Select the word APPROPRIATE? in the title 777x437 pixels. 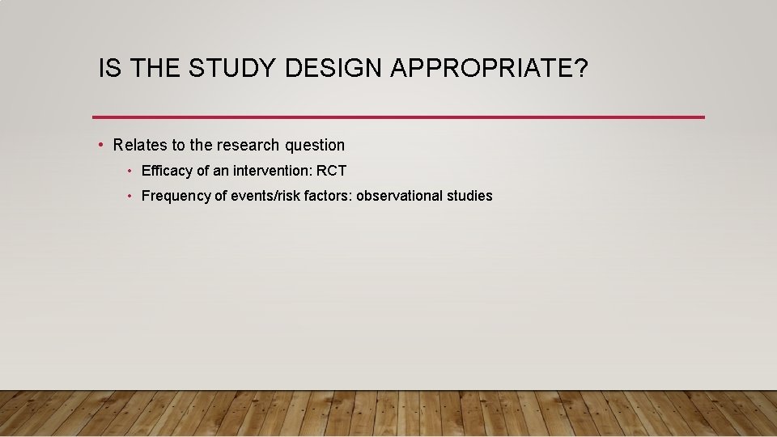(x=489, y=69)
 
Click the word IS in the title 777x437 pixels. (x=108, y=69)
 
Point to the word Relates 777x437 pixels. (x=140, y=146)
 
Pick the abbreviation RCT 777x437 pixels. (x=332, y=172)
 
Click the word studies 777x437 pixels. (x=469, y=196)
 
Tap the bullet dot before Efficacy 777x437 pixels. (x=129, y=172)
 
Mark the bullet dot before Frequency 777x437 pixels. (x=129, y=196)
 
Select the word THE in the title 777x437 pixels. (x=155, y=69)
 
